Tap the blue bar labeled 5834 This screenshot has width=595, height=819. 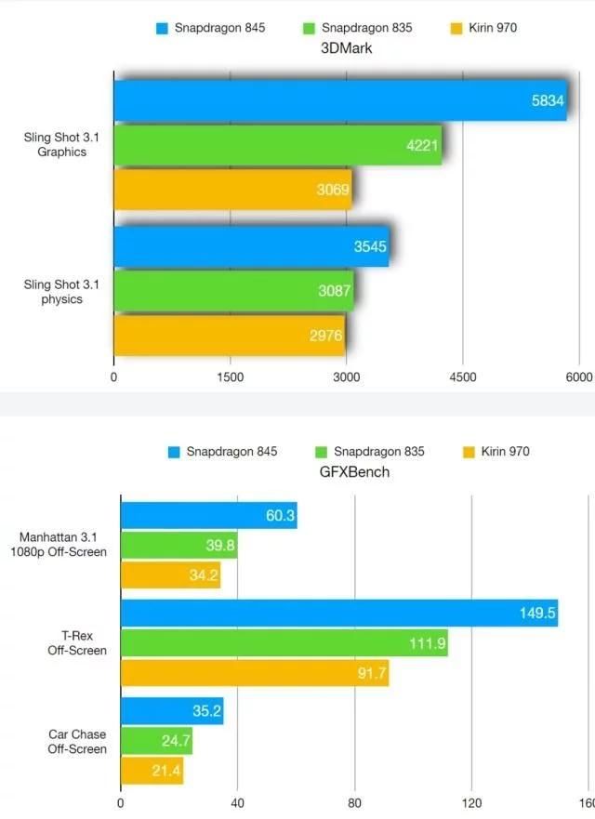coord(339,100)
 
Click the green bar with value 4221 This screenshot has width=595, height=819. coord(277,145)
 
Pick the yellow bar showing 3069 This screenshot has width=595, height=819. coord(232,190)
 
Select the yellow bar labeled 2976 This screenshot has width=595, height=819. coord(229,335)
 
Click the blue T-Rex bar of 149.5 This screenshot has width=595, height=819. coord(338,613)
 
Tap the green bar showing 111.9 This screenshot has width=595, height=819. coord(284,642)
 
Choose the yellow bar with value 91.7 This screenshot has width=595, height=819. coord(254,673)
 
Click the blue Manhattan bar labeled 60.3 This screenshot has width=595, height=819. coord(208,515)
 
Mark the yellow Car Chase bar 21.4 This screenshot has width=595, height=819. coord(152,771)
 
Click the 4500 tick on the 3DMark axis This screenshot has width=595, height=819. coord(462,376)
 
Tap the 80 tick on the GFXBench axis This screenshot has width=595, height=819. coord(353,802)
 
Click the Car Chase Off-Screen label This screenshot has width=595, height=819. coord(77,741)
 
